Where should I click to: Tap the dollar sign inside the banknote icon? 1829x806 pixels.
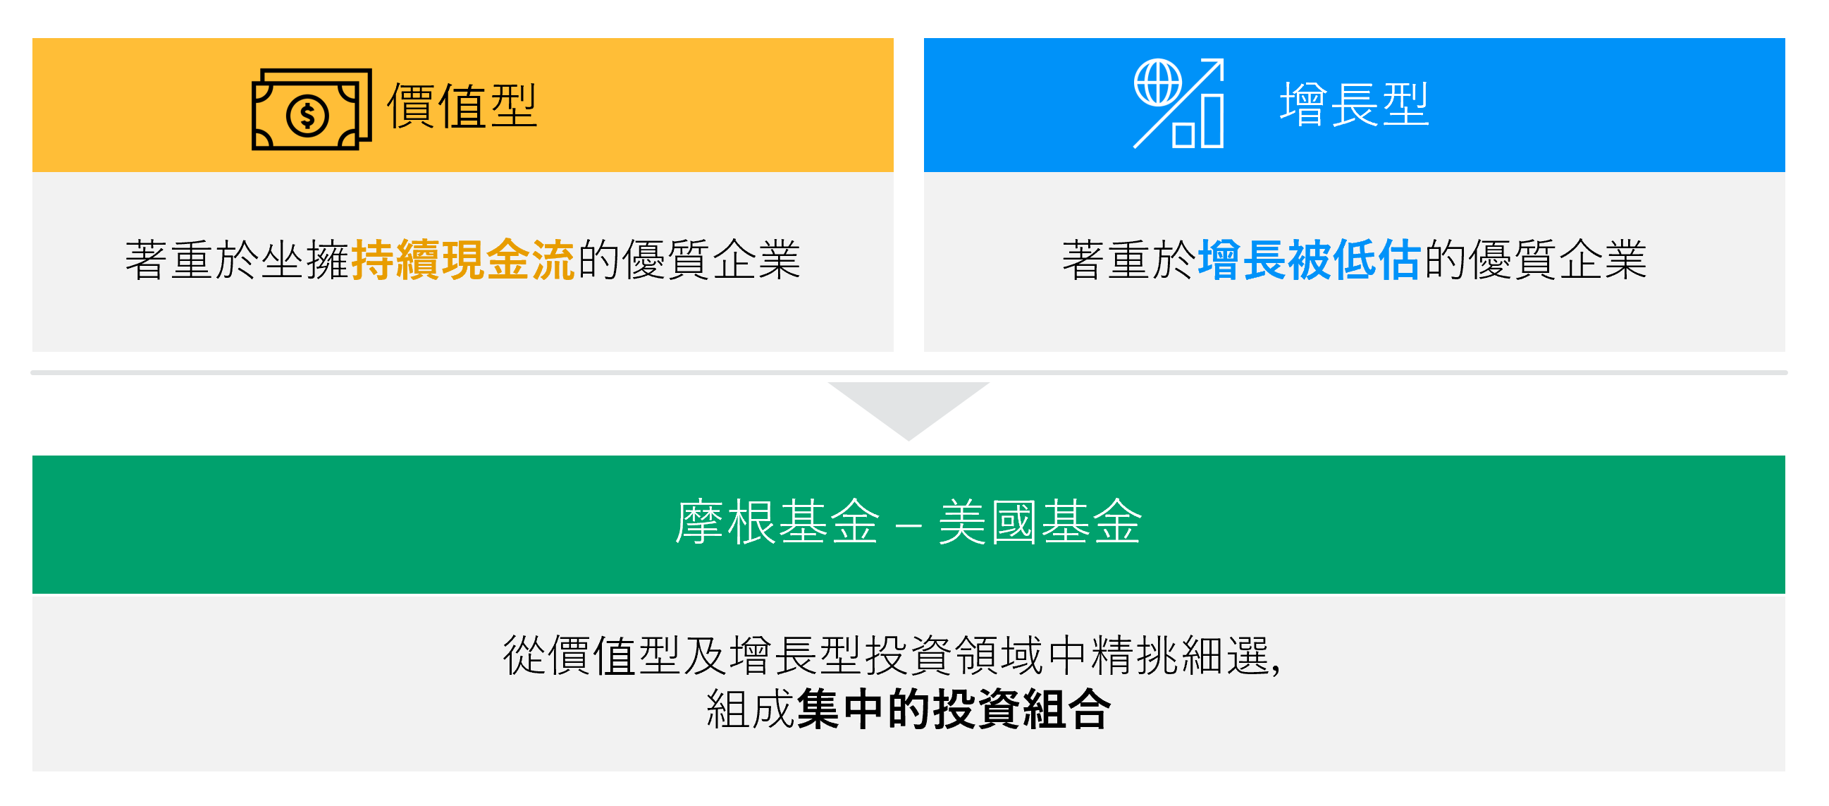[x=307, y=115]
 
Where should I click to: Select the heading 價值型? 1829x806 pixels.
[x=462, y=106]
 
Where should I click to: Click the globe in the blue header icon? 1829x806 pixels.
[x=1157, y=83]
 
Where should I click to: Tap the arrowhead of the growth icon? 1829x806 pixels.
[x=1216, y=66]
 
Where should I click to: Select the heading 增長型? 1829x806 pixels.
[x=1354, y=105]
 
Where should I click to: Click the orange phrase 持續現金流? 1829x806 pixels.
[x=462, y=260]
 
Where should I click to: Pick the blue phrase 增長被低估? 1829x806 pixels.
[x=1309, y=260]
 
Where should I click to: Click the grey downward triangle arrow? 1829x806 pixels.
[x=908, y=406]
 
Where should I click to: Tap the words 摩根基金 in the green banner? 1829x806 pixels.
[x=777, y=523]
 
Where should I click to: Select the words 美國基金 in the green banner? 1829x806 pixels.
[x=1040, y=523]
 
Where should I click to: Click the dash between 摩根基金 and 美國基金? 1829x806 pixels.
[x=908, y=526]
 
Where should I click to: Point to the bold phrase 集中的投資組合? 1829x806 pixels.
[x=953, y=709]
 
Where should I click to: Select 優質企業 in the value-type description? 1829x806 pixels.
[x=711, y=260]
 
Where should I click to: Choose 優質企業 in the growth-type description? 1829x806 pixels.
[x=1558, y=260]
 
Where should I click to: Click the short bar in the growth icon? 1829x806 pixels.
[x=1182, y=135]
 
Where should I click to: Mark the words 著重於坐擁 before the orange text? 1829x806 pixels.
[x=237, y=260]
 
